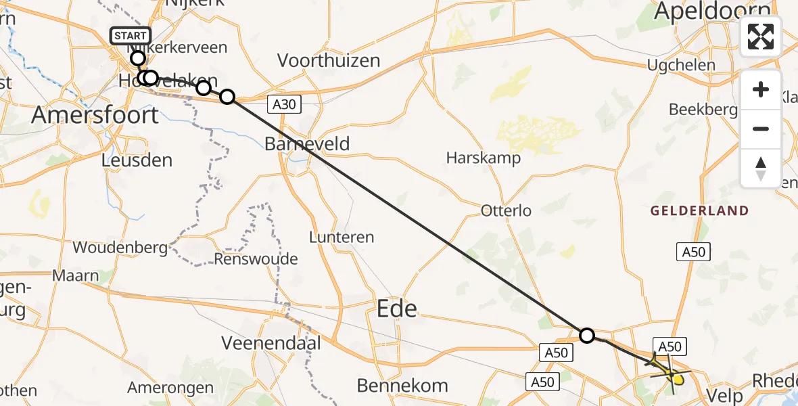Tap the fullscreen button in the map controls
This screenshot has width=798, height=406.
tap(761, 37)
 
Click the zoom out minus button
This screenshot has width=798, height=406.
tap(761, 129)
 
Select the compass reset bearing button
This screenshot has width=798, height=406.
tap(761, 168)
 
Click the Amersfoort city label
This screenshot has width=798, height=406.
tap(95, 114)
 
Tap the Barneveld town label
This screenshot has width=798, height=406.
tap(307, 143)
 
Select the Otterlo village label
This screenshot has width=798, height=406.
tap(506, 210)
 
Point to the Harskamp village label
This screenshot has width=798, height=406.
tap(484, 158)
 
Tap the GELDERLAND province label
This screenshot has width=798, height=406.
tap(699, 210)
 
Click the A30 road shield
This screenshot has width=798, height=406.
tap(283, 104)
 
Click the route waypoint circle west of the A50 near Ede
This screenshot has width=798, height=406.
tap(587, 335)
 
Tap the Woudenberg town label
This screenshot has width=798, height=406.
tap(120, 248)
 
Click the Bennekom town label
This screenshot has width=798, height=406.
tap(402, 386)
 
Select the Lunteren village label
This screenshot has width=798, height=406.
tap(342, 237)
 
